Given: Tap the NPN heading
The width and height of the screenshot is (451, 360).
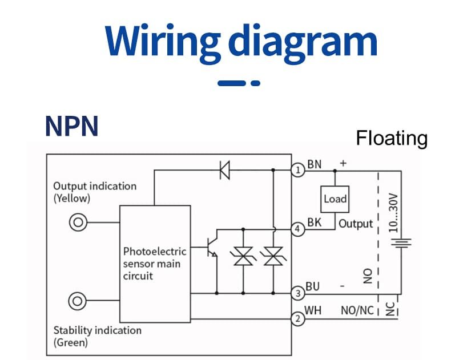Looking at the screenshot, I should coord(71,127).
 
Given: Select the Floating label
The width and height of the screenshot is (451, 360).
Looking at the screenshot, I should coord(391,138).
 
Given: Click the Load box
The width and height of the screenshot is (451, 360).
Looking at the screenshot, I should coord(335,199).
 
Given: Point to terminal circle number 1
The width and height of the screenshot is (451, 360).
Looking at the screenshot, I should coord(297,169).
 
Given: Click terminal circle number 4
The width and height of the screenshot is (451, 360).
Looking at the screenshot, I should coord(297,229).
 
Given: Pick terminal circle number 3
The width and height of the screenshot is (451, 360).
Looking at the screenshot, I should coord(297,294).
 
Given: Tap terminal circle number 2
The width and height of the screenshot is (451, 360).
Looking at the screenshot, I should coord(297,319).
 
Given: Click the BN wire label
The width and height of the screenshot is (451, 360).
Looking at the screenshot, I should coord(315,164).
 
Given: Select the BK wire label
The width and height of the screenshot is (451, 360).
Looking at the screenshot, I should coord(314,223).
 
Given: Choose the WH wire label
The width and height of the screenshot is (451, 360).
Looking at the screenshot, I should coord(313,311).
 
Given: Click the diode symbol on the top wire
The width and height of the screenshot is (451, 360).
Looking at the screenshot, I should coord(224,169).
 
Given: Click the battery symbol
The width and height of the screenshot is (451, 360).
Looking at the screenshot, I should coord(401,243).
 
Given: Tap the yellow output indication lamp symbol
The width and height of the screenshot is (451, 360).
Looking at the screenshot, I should coord(78,223).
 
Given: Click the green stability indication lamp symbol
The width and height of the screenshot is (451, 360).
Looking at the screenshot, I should coord(78,300).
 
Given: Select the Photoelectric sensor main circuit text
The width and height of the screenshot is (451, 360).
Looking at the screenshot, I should coord(155,264).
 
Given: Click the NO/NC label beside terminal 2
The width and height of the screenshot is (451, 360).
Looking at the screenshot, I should coord(357,311).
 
